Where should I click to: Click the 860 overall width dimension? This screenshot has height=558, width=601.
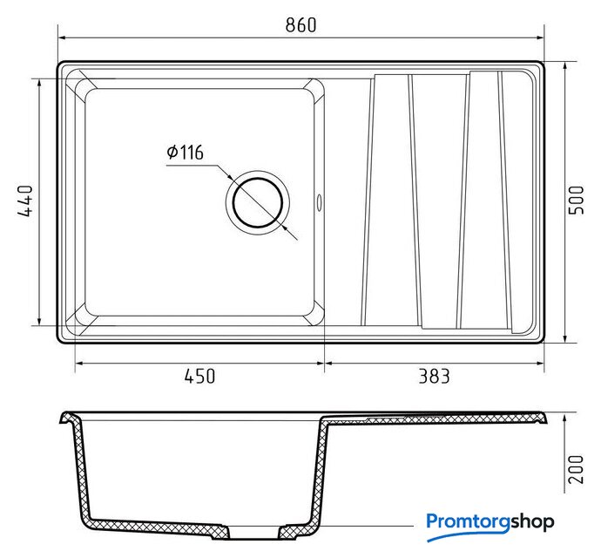pyautogui.click(x=300, y=25)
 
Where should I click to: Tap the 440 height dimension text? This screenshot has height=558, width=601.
pyautogui.click(x=25, y=201)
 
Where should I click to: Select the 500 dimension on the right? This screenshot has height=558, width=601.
pyautogui.click(x=576, y=201)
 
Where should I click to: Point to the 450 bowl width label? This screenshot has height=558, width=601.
pyautogui.click(x=199, y=376)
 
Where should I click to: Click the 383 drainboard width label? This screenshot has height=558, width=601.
pyautogui.click(x=434, y=376)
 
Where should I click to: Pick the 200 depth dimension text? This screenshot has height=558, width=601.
pyautogui.click(x=576, y=470)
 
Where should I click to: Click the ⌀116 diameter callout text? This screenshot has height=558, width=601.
pyautogui.click(x=186, y=153)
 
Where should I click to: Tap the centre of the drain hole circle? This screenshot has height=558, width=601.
pyautogui.click(x=258, y=202)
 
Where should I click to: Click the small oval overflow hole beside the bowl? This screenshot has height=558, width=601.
pyautogui.click(x=319, y=202)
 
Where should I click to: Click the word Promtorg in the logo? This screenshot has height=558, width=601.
pyautogui.click(x=468, y=522)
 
